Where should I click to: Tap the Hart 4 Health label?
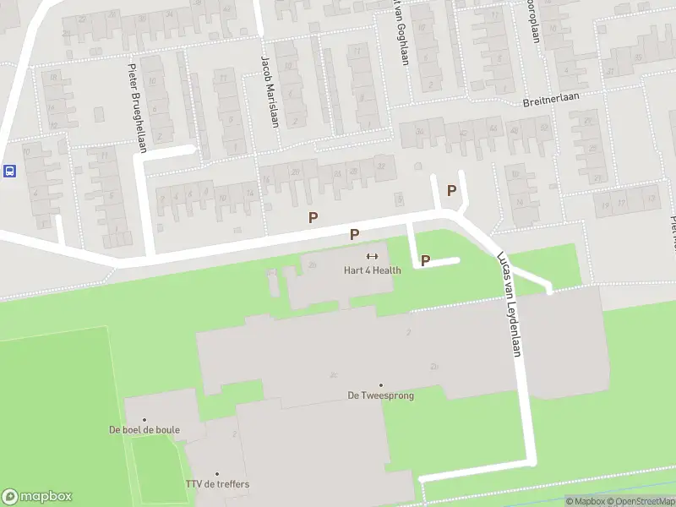coord(372,270)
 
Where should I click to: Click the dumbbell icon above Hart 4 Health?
coord(372,256)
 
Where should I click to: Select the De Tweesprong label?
coord(381,395)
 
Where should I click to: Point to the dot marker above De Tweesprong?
coord(381,384)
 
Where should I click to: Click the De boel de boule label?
coord(144,430)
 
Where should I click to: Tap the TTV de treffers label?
coord(217,484)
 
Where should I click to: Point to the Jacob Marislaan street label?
coord(270,91)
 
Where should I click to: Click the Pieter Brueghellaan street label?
coord(138,109)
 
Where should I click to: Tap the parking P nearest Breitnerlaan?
coord(451,190)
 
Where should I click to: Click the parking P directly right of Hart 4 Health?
coord(425,261)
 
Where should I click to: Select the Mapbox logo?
coord(36,497)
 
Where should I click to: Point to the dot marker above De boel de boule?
coord(144,419)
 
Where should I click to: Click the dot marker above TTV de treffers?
coord(217,473)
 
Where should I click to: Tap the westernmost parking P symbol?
coord(313,217)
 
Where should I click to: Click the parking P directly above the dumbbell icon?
coord(355,234)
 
